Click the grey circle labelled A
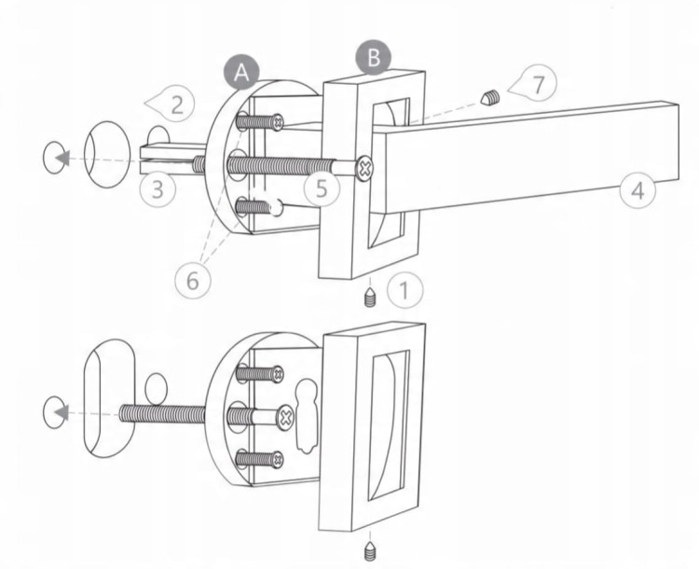click(x=241, y=73)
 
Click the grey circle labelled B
click(x=373, y=58)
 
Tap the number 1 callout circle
click(x=404, y=291)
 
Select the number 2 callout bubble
click(x=171, y=104)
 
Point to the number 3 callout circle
click(x=158, y=189)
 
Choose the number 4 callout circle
click(x=637, y=190)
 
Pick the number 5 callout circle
click(x=322, y=189)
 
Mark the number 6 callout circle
click(x=193, y=281)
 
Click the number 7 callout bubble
click(x=535, y=83)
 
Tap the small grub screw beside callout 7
click(x=489, y=97)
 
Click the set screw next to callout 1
click(x=371, y=298)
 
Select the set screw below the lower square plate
click(x=370, y=551)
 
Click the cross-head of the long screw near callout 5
click(x=364, y=168)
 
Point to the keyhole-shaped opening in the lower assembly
click(x=306, y=416)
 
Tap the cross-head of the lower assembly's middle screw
click(x=285, y=418)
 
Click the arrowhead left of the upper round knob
click(x=62, y=158)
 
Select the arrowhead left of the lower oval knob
click(x=62, y=412)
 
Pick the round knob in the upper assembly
click(x=107, y=154)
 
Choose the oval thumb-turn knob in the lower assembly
click(x=109, y=399)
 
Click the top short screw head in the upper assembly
click(x=278, y=122)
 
